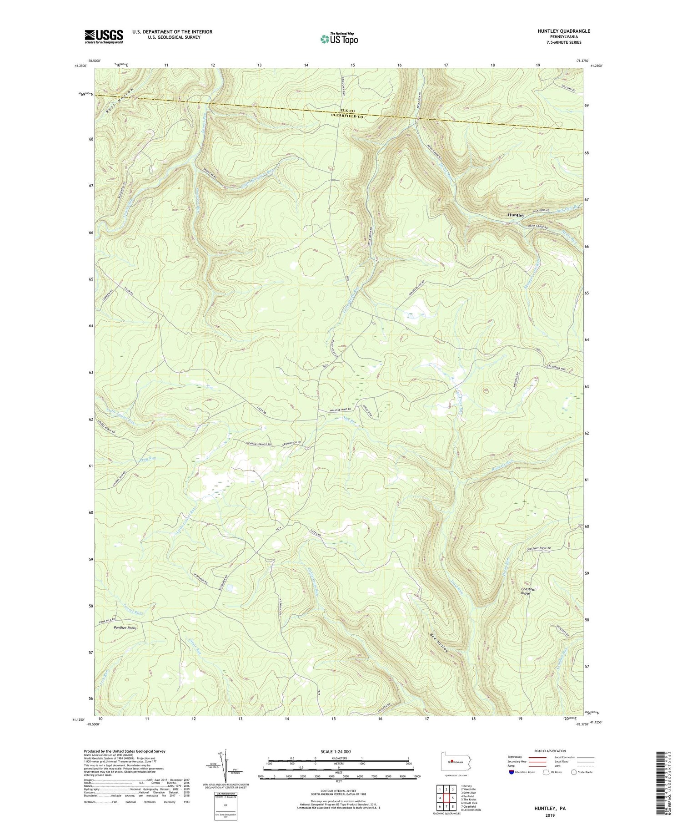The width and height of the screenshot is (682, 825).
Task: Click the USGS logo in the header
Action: tap(103, 36)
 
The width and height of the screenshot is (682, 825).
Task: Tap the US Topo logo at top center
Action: tap(339, 39)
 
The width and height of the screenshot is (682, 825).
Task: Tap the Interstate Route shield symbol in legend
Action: tap(511, 772)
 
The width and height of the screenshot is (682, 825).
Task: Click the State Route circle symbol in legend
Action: tap(574, 772)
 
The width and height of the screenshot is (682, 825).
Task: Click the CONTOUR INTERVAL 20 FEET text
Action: tap(338, 791)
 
